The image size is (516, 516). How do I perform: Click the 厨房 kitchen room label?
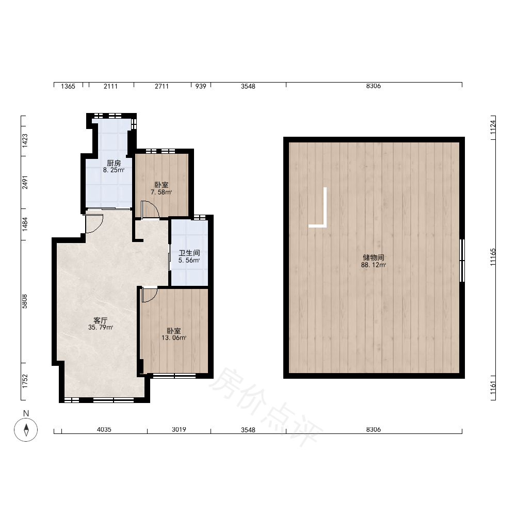pos(114,163)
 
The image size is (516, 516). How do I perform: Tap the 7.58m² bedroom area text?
pos(161,192)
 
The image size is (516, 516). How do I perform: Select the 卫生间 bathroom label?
pos(189,253)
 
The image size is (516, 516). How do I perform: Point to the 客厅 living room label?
pos(101,320)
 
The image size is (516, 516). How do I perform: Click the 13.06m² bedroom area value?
pos(174,337)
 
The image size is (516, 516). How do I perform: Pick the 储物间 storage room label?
pos(374,257)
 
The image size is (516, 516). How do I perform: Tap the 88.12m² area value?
pos(374,265)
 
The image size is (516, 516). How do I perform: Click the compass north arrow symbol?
pos(26,429)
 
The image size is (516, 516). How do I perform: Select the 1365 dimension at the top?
pos(68,86)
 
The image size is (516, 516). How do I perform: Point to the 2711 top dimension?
pos(162,86)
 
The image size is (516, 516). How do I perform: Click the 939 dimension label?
pos(201,86)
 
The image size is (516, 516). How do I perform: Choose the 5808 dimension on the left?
pos(25,301)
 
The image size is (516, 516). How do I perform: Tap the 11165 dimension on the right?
pos(493,257)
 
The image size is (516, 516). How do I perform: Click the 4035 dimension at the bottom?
pos(104,429)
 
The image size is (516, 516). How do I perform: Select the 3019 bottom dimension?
pos(179,429)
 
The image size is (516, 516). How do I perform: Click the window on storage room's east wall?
pos(462,260)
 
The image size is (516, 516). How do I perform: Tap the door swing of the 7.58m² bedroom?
pos(150,209)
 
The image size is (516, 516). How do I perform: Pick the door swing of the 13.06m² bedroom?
pos(150,295)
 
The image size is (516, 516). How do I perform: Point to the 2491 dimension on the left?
pos(25,182)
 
